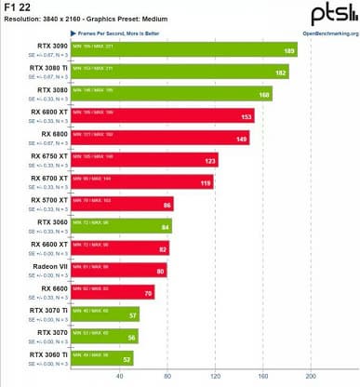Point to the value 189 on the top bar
click(x=288, y=51)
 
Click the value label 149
click(x=241, y=140)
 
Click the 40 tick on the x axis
click(x=118, y=377)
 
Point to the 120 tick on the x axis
click(x=215, y=377)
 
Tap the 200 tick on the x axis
click(x=312, y=377)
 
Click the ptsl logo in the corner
click(x=332, y=13)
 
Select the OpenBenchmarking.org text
click(x=327, y=31)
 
